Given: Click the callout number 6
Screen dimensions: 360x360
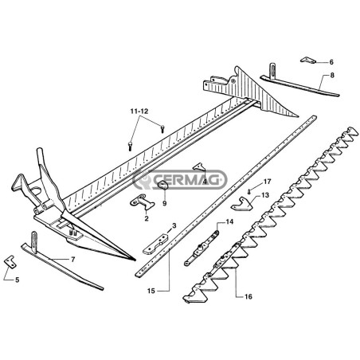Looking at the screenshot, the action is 331,62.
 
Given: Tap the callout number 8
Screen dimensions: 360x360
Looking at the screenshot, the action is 332,76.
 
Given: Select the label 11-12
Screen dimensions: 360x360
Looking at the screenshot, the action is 139,112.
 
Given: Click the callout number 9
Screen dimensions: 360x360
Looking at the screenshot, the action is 165,204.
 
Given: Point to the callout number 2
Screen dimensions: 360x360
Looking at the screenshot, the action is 147,219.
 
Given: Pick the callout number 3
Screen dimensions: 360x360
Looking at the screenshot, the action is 174,225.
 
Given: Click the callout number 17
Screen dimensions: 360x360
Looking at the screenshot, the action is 267,182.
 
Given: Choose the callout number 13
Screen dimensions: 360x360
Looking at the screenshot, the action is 265,195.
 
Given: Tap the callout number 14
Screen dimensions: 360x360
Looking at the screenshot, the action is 229,221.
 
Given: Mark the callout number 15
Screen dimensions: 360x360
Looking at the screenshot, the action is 151,291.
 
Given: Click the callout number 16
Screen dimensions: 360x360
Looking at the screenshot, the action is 248,296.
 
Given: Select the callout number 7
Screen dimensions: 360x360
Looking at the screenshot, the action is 73,260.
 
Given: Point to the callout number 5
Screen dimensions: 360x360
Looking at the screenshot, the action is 18,280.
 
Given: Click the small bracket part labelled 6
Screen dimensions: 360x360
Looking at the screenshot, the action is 308,61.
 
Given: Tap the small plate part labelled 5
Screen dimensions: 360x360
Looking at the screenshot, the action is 10,260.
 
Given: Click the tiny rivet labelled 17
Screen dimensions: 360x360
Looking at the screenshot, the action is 248,191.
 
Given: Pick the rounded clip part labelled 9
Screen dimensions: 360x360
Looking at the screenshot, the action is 162,185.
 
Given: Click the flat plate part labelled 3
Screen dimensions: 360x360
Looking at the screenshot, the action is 155,244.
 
